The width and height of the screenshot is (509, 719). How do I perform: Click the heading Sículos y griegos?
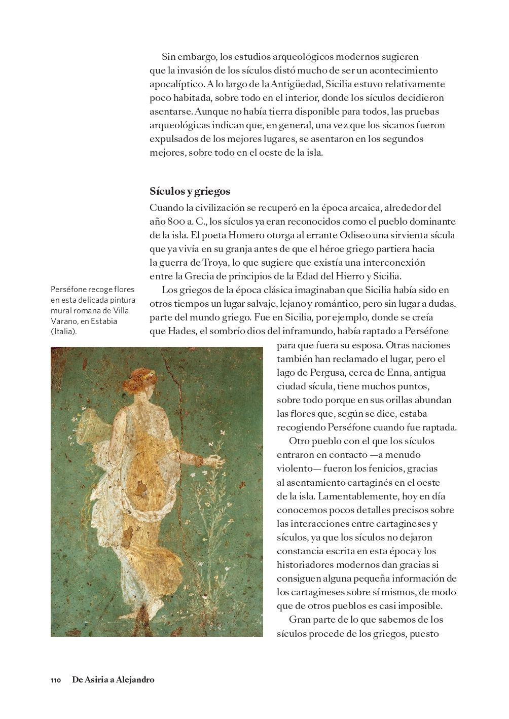coord(190,191)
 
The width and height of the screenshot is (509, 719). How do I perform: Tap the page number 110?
coord(56,680)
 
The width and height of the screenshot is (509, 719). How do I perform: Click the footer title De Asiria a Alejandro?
coord(113,680)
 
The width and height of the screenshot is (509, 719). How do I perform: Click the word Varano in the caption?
coord(63,321)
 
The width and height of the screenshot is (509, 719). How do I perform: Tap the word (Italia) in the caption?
coord(64,332)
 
